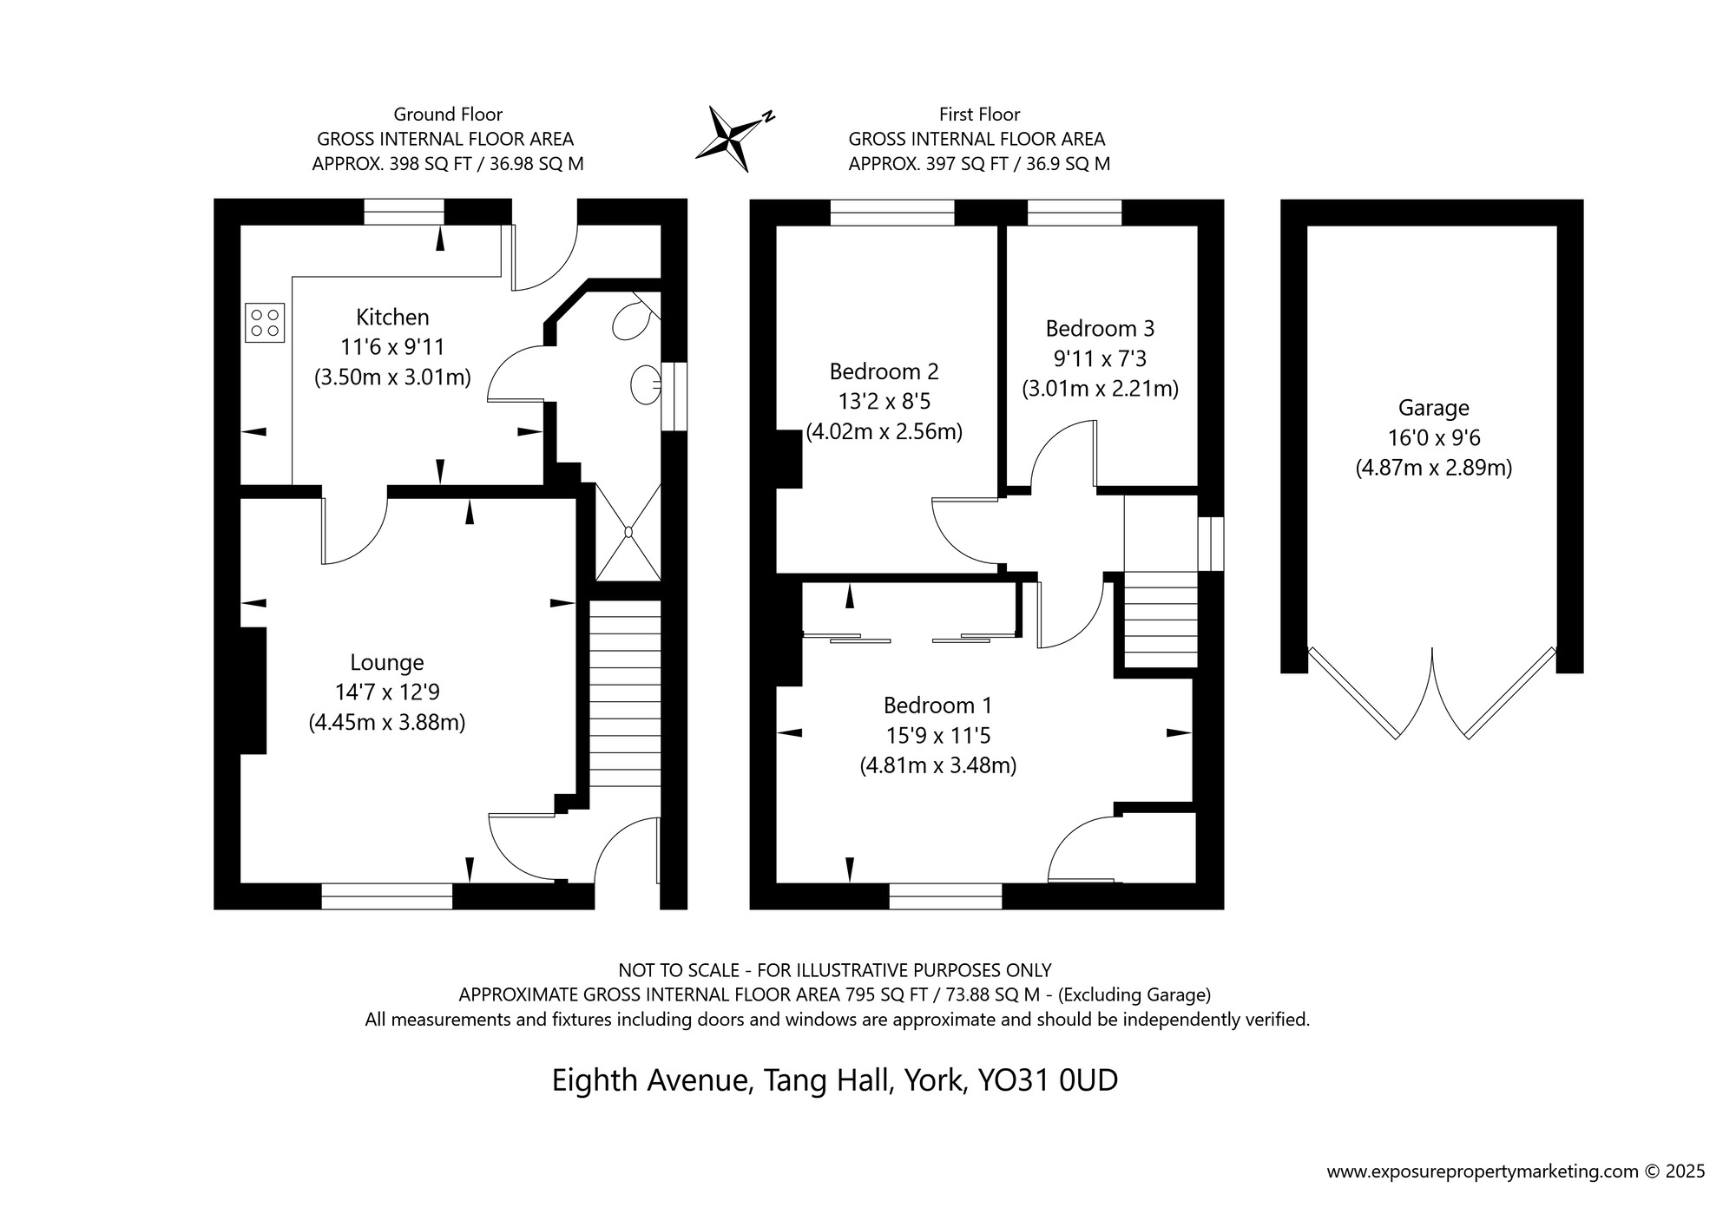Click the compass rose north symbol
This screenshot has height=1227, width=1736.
coord(733,137)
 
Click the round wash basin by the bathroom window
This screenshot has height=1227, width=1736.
coord(646,384)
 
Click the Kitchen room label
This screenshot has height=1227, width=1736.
coord(392,318)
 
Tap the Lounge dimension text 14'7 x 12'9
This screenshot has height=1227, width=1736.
coord(387,692)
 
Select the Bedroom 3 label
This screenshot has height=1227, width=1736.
coord(1100,329)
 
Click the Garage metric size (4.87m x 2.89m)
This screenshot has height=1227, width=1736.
coord(1433,469)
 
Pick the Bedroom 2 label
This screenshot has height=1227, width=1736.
coord(884,372)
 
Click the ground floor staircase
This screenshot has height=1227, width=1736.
coord(625,694)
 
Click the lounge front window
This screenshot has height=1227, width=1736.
coord(386,896)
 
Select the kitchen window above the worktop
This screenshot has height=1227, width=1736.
coord(404,212)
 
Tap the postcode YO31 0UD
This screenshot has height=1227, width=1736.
coord(1048,1081)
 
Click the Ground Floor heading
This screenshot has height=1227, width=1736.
coord(448,115)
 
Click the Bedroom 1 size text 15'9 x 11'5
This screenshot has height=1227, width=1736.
coord(937,736)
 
